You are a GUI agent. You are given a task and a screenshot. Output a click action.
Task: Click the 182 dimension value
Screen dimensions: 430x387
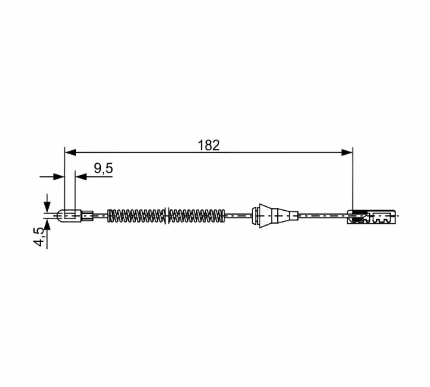point(209,145)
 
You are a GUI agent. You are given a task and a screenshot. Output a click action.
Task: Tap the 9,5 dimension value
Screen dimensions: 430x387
point(103,168)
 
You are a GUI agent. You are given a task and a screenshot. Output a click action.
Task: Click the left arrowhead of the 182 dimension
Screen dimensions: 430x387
point(70,152)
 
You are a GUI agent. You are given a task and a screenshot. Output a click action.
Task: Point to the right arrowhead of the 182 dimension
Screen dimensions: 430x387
point(347,152)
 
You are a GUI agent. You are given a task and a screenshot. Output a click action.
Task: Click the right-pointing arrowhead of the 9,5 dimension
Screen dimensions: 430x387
point(59,177)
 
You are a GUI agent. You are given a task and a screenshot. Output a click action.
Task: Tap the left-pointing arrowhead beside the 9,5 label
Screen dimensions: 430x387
point(81,177)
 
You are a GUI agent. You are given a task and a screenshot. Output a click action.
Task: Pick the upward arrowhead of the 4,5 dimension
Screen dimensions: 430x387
point(47,224)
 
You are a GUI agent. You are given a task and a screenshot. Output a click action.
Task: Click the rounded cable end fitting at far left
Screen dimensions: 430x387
point(70,216)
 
